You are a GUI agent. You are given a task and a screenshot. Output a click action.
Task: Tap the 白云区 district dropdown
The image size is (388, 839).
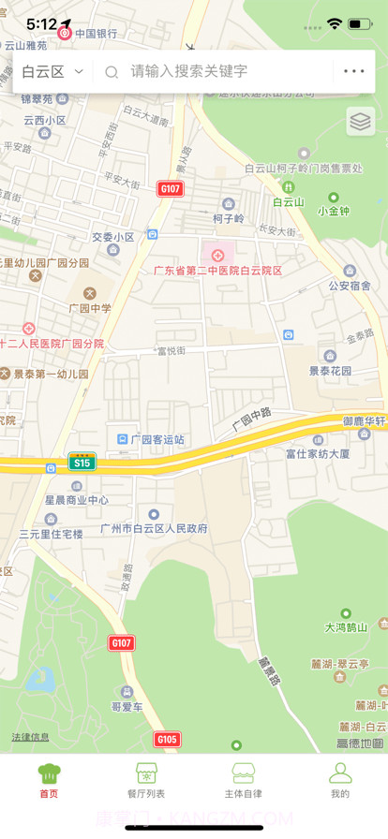pos(52,71)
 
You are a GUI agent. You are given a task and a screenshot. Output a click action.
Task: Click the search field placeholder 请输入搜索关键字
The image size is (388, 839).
pos(188,71)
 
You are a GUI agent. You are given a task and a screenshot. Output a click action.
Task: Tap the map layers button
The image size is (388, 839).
pos(360,121)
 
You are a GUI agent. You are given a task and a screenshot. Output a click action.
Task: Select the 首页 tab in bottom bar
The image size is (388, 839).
pos(49,781)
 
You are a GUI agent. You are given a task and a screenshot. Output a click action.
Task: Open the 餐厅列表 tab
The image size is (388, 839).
pos(145,781)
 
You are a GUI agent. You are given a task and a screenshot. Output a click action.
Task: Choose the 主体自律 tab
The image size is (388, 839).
pos(243,781)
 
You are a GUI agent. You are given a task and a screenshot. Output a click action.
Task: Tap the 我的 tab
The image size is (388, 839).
pos(339,781)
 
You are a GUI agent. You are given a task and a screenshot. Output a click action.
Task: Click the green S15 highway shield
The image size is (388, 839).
pos(82,463)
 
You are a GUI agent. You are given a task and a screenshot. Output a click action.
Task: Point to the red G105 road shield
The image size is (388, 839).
pos(167,740)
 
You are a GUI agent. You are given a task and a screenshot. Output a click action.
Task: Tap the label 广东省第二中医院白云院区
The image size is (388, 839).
pos(218,270)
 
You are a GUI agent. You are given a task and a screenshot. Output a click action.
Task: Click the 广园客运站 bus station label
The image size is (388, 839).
pos(157,439)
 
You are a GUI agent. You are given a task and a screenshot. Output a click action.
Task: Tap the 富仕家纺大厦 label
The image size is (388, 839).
pos(318,453)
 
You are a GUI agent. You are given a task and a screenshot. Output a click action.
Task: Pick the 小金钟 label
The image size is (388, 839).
pos(334,211)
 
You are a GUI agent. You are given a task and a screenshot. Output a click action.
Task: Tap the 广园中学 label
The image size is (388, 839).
pos(90,307)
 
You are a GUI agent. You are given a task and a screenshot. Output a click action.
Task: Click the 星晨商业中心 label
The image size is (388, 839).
pos(77,500)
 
